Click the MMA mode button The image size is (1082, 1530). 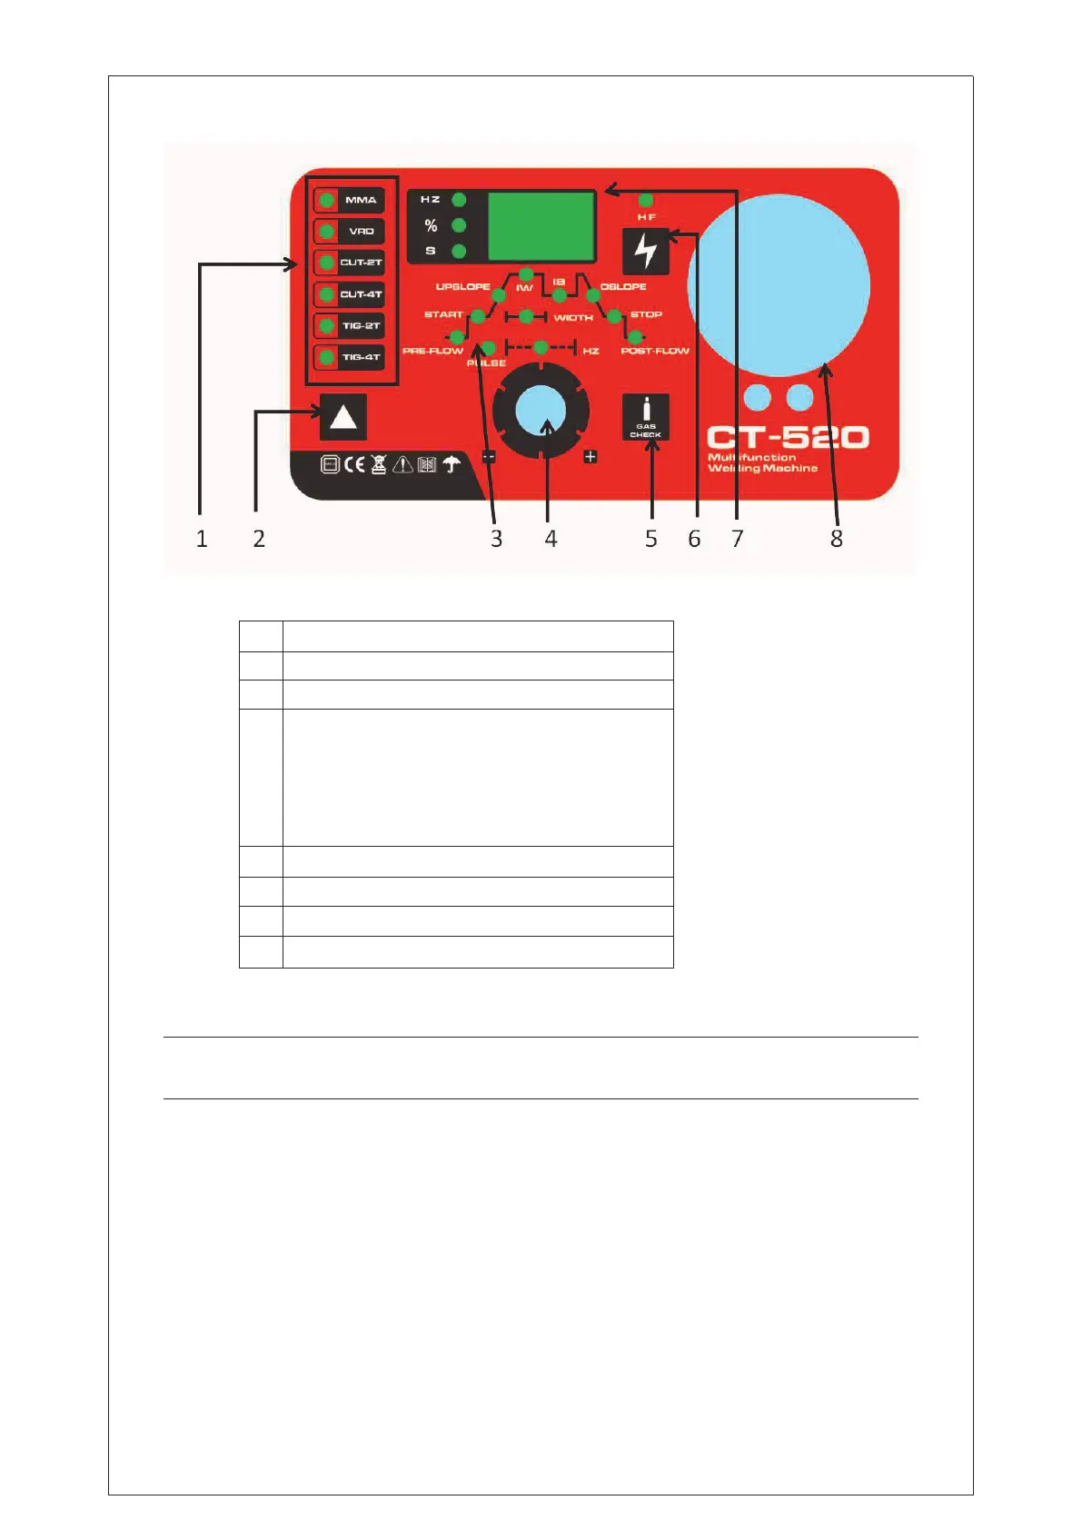(x=350, y=200)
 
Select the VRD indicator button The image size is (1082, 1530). (x=350, y=231)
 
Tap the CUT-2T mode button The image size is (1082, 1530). (x=350, y=263)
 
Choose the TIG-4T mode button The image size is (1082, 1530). (x=350, y=357)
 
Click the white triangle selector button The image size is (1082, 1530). (x=342, y=418)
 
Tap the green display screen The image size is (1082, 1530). (x=541, y=226)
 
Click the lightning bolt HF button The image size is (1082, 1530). (x=646, y=251)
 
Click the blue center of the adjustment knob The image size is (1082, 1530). (x=541, y=412)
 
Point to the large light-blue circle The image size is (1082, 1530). (x=779, y=285)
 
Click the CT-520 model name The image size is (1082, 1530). (x=788, y=438)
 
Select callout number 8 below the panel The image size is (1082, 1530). (x=837, y=539)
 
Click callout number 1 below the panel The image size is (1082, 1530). (x=202, y=539)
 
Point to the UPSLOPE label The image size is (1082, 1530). (x=462, y=287)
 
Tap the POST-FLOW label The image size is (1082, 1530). (x=655, y=351)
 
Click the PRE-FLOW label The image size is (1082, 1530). (x=432, y=351)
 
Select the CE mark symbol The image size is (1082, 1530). (x=354, y=465)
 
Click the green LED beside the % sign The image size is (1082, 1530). (x=459, y=225)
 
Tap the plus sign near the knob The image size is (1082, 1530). (x=591, y=456)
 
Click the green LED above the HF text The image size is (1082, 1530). (x=646, y=200)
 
